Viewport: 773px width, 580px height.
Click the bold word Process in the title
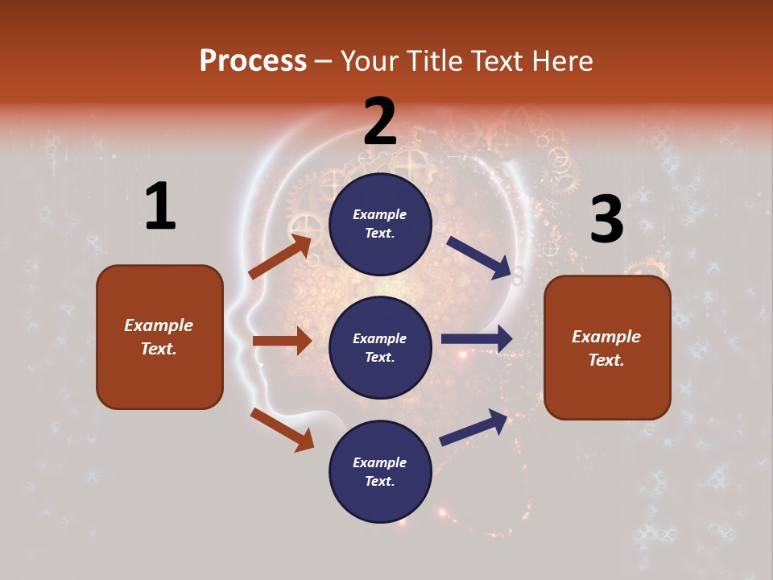point(253,61)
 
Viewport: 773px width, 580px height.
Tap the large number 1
point(160,206)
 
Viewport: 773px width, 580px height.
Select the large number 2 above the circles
point(380,121)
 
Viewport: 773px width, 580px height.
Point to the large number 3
point(606,219)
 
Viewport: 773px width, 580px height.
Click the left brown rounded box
point(159,337)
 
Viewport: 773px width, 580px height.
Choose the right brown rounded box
point(607,347)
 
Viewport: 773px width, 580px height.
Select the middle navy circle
point(380,347)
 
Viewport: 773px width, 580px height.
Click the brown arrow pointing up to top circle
point(280,257)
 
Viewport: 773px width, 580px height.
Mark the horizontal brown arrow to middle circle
point(282,341)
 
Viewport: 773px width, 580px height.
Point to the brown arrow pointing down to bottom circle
point(282,429)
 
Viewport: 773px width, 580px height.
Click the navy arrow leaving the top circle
point(480,258)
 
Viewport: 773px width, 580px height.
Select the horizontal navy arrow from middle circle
point(477,339)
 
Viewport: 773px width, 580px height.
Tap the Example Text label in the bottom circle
point(380,471)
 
